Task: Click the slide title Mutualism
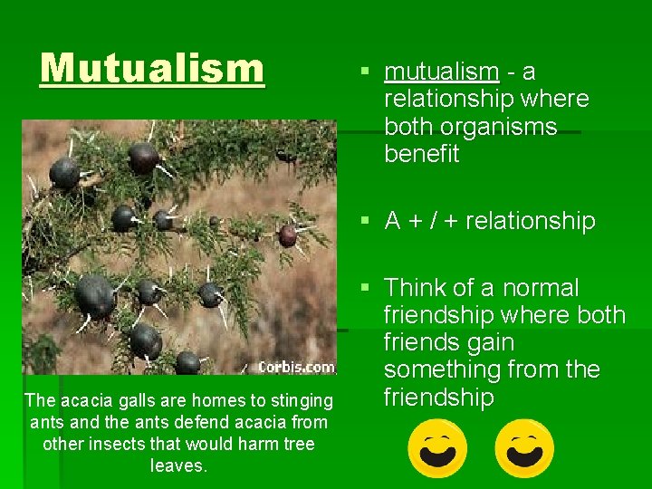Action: (x=152, y=68)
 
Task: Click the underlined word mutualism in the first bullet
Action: (x=441, y=72)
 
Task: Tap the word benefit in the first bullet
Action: (x=421, y=154)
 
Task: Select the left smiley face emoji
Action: (x=438, y=447)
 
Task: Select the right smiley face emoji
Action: (x=524, y=447)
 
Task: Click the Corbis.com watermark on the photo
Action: (x=296, y=368)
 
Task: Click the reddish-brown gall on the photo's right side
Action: (x=287, y=236)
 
